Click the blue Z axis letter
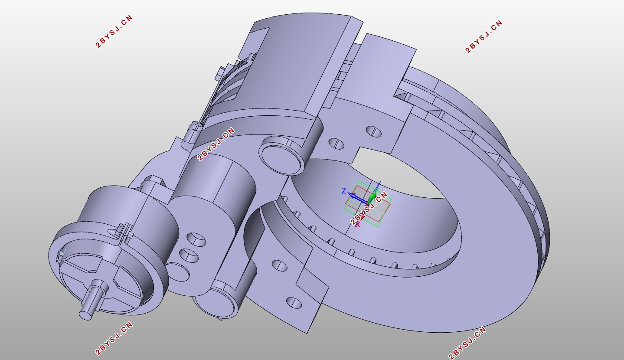(344, 191)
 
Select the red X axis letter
(358, 225)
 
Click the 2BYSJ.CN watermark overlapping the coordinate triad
(369, 208)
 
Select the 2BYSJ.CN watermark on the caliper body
(216, 144)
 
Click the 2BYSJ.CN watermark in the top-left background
(114, 31)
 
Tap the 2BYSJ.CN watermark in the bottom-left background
(114, 338)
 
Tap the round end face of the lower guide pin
(216, 304)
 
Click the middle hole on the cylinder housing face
(189, 255)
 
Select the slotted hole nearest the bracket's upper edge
(374, 131)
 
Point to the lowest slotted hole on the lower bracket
(294, 302)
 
